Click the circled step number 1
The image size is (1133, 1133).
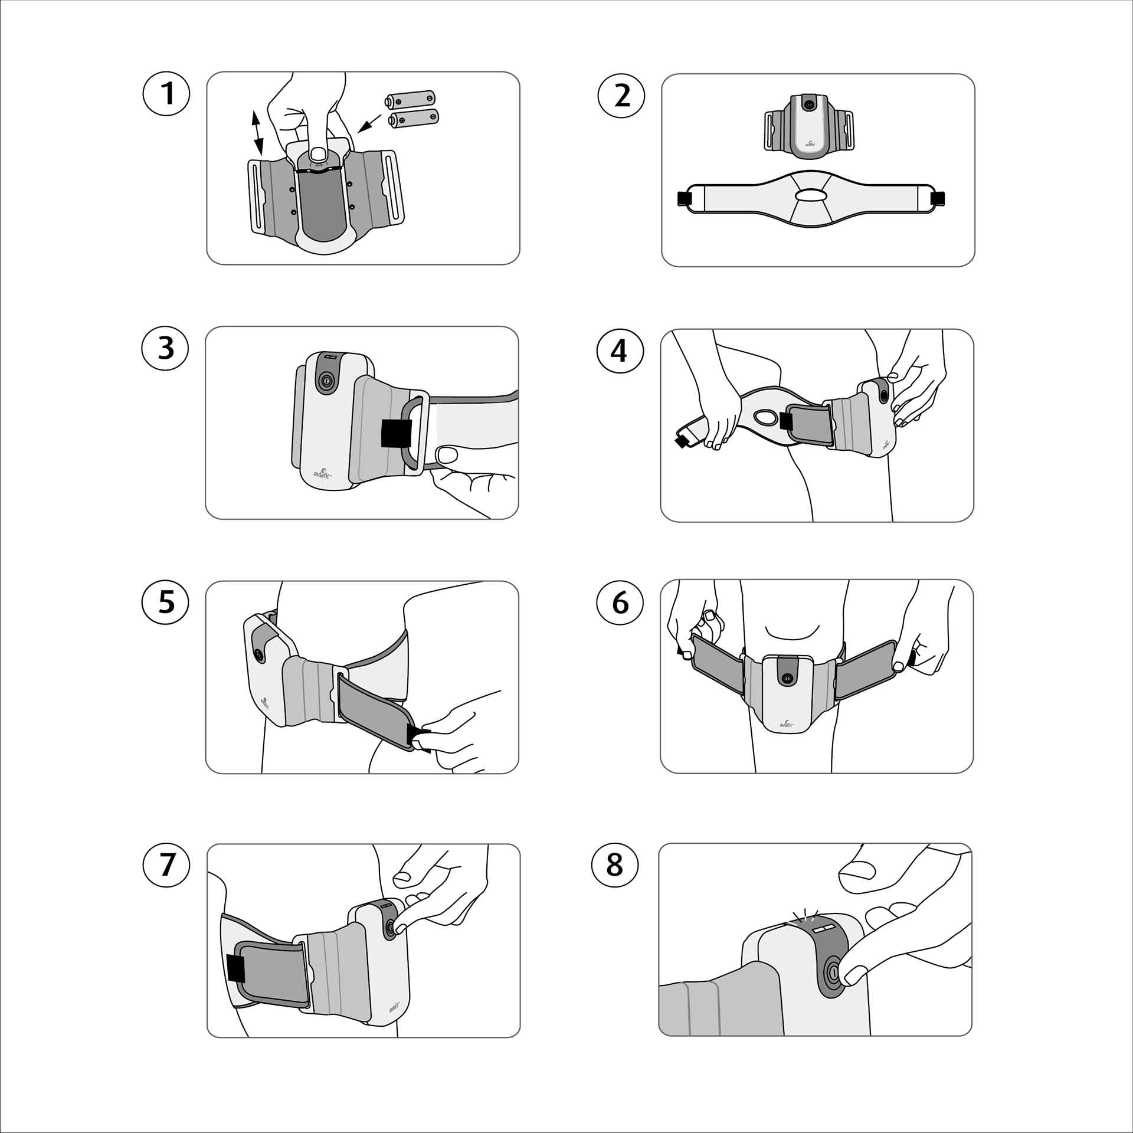point(166,94)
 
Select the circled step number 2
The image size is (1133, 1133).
point(621,95)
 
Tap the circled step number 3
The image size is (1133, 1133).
point(165,348)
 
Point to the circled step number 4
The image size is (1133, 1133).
point(620,351)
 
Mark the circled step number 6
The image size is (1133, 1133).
point(620,602)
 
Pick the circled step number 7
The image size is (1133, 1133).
point(167,865)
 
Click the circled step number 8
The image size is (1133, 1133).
point(615,865)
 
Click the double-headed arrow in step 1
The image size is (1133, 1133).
point(257,133)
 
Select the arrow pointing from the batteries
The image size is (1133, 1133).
point(370,123)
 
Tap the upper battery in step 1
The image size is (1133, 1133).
point(410,99)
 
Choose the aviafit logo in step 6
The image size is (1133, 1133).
point(787,722)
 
